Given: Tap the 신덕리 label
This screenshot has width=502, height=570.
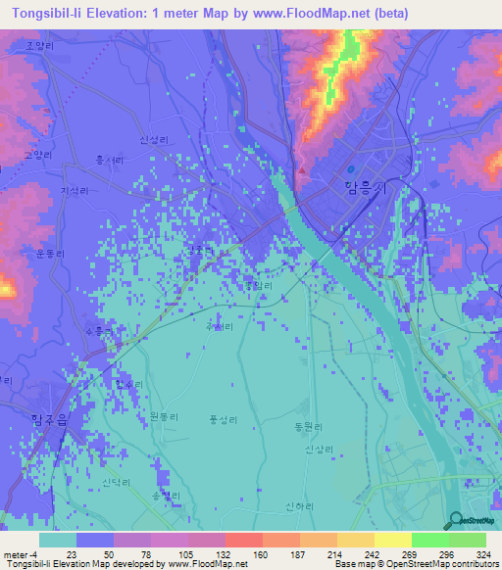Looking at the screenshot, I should [116, 484].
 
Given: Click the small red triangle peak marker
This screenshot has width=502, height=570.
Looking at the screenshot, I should [303, 173].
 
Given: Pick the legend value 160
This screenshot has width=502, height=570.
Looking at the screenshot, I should [259, 554].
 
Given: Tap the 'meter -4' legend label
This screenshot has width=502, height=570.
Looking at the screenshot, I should [23, 554].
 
